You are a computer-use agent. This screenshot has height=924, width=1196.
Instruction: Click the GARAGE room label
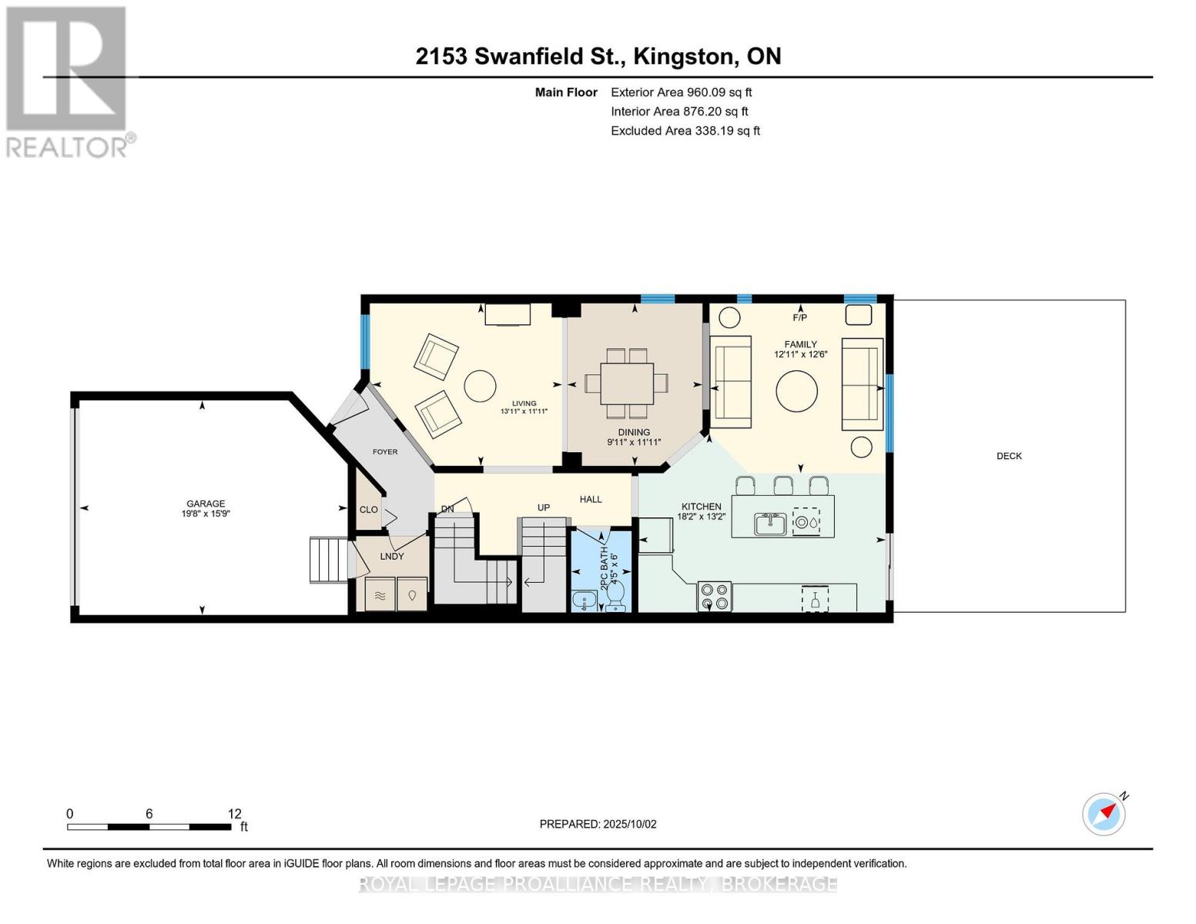(x=205, y=504)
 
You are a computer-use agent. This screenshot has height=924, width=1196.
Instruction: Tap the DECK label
(x=1009, y=456)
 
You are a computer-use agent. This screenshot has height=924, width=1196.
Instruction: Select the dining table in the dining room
(x=627, y=383)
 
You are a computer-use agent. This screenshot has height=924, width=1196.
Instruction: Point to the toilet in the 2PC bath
(x=615, y=595)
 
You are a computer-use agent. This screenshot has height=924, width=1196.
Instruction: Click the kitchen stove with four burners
(x=714, y=596)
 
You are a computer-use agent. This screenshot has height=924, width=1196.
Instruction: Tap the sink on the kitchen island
(x=769, y=524)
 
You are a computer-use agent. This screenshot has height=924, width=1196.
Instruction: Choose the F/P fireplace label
(x=799, y=317)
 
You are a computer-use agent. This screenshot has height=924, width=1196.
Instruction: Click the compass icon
(x=1104, y=814)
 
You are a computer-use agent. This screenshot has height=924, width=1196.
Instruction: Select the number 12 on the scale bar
(x=234, y=813)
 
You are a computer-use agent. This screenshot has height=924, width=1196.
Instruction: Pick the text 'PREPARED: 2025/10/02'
(x=598, y=824)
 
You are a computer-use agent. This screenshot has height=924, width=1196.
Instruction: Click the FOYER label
(x=385, y=452)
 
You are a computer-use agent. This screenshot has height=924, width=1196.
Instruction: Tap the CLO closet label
(x=368, y=510)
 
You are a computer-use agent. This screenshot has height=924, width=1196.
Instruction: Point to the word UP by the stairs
(x=544, y=507)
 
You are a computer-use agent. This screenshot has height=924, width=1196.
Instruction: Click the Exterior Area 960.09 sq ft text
(x=681, y=92)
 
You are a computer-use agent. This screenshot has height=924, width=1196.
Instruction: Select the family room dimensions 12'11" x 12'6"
(x=800, y=355)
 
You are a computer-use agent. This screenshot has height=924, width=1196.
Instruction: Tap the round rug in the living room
(x=481, y=385)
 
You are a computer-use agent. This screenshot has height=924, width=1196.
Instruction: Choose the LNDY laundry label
(x=392, y=556)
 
